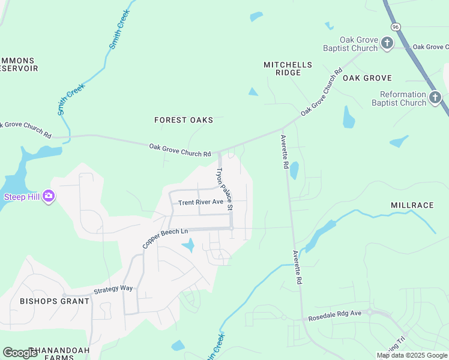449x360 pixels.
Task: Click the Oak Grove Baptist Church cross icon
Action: click(387, 43)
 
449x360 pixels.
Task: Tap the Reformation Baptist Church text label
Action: click(399, 98)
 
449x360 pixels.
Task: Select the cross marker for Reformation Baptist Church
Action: click(435, 97)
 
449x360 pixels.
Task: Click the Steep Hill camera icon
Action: click(49, 196)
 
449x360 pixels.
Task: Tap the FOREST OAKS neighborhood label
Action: click(183, 120)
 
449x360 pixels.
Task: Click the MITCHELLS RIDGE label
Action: click(288, 68)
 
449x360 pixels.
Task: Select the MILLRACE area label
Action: click(412, 205)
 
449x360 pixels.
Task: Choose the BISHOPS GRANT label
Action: click(54, 301)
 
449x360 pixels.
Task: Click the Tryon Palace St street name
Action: click(224, 188)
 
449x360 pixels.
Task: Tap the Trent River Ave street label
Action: click(200, 202)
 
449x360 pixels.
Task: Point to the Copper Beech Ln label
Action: click(165, 238)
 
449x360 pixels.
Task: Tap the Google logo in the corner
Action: click(20, 353)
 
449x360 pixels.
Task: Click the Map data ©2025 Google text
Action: click(412, 355)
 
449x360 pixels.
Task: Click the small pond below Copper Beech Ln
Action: click(188, 245)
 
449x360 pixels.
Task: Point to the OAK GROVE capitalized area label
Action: click(367, 78)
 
